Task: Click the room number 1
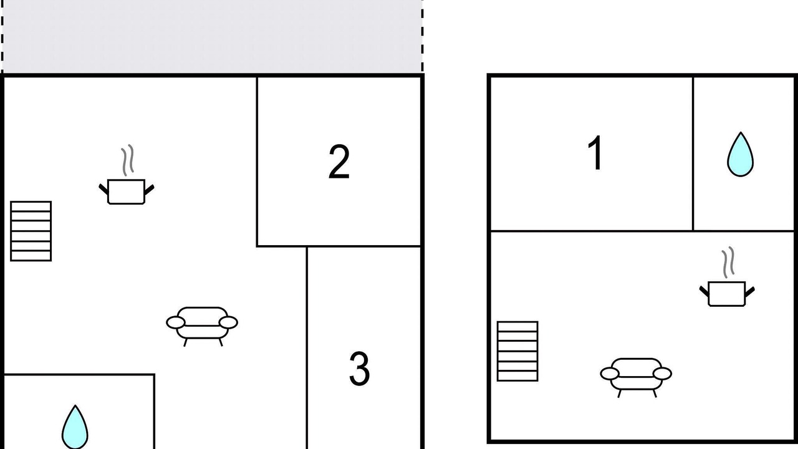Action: (x=595, y=153)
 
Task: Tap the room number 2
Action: (x=339, y=162)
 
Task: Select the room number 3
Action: (x=360, y=369)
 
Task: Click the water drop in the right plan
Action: (x=740, y=154)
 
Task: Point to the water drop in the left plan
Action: (x=75, y=428)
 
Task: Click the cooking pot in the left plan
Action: (x=126, y=191)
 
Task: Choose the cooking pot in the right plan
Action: (x=727, y=294)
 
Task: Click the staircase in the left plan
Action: (x=31, y=231)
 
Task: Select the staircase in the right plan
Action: (x=517, y=351)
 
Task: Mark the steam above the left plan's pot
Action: (x=128, y=160)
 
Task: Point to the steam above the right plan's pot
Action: (x=728, y=263)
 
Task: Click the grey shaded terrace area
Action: (x=213, y=36)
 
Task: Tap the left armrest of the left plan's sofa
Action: (x=176, y=322)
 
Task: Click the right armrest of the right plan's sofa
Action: (x=662, y=374)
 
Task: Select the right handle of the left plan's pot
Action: (x=149, y=190)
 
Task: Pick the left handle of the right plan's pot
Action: (x=704, y=291)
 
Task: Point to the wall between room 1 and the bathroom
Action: (x=693, y=154)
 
